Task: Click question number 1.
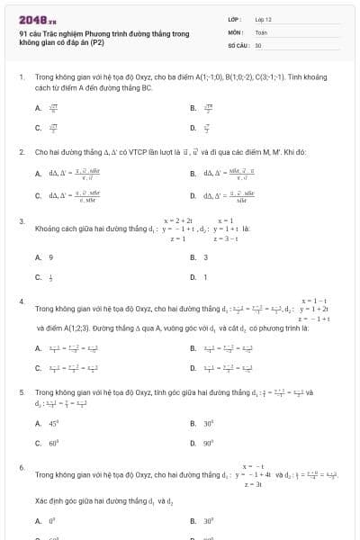tap(21, 78)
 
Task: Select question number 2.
tap(21, 152)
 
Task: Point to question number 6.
tap(21, 467)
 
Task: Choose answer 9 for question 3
tap(50, 257)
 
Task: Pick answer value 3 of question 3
tap(205, 257)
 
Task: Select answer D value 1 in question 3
tap(205, 277)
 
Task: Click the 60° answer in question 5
tap(53, 443)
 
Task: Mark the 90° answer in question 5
tap(208, 443)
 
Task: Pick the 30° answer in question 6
tap(208, 520)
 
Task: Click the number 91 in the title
tap(23, 33)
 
